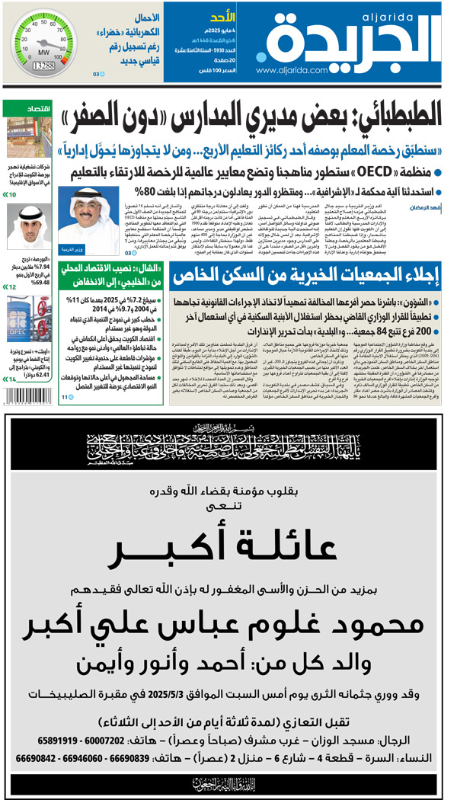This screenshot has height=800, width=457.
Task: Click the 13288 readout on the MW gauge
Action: point(43,67)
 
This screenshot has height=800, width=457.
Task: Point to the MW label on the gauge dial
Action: point(45,53)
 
